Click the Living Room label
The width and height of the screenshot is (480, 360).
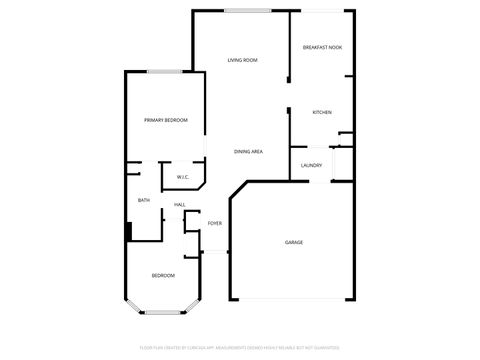pos(242,60)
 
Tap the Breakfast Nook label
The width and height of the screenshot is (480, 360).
pos(322,47)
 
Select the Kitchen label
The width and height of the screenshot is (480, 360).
pos(322,112)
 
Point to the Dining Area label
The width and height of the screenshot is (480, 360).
pos(248,151)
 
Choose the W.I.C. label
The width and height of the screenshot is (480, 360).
pos(183,177)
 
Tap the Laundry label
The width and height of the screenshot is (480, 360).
pos(311,165)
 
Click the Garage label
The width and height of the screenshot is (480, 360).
pos(294,242)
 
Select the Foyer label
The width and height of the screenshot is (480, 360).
pos(215,223)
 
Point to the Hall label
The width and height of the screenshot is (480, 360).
pos(180,205)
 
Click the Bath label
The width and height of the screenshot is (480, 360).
pos(144,200)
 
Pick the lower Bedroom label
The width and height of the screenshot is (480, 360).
pos(163,275)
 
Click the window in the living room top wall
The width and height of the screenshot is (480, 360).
pos(246,11)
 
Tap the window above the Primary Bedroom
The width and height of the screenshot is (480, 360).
pos(164,72)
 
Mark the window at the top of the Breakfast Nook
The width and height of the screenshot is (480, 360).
pos(321,11)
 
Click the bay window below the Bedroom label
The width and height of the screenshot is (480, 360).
pos(163,314)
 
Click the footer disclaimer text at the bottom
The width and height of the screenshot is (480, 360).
pos(240,347)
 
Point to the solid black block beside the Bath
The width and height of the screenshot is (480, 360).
pos(129,231)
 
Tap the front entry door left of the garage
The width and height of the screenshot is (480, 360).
pos(216,251)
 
